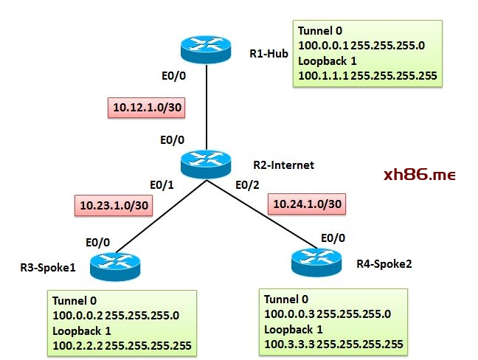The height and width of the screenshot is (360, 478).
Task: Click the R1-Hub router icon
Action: tap(205, 49)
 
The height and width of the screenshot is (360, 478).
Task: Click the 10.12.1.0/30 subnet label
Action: tap(147, 108)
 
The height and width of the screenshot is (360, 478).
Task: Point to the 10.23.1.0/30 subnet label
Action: tap(113, 205)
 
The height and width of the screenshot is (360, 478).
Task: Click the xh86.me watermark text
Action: tap(419, 175)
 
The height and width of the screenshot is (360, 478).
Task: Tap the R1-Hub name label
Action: tap(267, 53)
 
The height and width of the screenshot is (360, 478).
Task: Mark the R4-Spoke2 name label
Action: tap(384, 263)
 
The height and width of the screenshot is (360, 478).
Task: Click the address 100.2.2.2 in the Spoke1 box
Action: tap(76, 345)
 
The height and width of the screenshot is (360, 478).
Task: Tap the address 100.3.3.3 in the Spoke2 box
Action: tap(288, 343)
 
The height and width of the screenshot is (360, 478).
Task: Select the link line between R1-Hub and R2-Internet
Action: tap(206, 103)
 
